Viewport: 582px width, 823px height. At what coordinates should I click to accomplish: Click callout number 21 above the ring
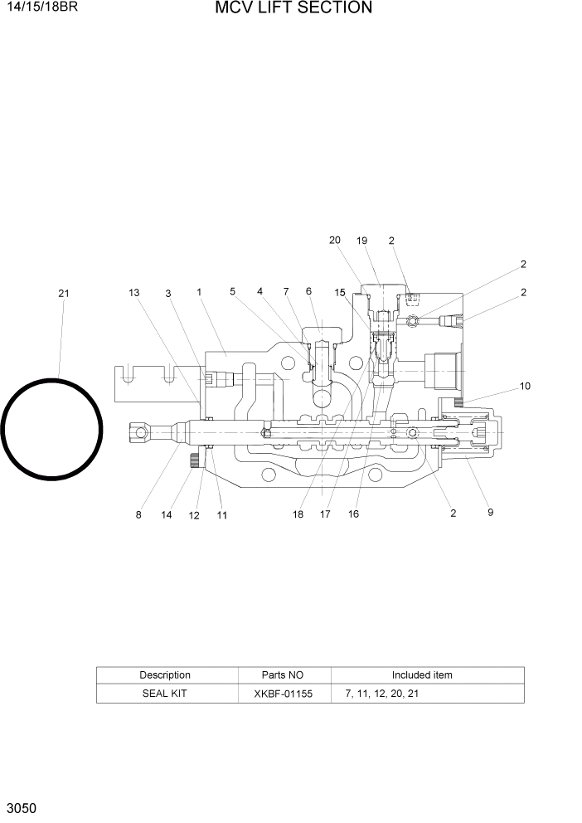(64, 293)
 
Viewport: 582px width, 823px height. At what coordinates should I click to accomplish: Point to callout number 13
(134, 292)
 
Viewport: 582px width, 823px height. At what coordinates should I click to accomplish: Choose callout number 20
(334, 241)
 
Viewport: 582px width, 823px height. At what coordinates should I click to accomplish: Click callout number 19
(361, 241)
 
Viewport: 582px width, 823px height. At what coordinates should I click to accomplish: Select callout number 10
(525, 386)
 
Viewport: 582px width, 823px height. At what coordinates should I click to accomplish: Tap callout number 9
(490, 513)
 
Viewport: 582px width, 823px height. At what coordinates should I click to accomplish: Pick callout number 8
(138, 514)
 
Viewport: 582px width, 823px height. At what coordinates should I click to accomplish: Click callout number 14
(167, 515)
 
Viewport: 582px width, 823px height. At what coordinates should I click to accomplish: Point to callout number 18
(298, 514)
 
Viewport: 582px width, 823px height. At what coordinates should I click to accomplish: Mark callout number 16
(353, 514)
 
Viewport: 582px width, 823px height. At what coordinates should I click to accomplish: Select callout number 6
(308, 291)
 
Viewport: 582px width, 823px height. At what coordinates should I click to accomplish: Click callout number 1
(200, 292)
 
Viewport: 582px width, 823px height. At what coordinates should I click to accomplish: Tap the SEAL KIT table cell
(165, 693)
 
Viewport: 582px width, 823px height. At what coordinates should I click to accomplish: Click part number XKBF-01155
(284, 693)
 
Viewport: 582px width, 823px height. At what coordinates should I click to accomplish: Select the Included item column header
(422, 675)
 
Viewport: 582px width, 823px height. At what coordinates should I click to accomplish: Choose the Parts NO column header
(284, 675)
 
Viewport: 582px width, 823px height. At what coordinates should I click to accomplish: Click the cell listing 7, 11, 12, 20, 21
(381, 693)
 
